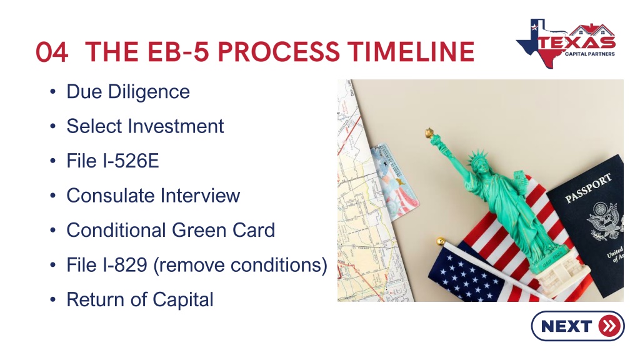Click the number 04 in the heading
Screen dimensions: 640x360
pos(51,52)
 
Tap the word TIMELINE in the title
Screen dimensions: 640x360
pos(411,52)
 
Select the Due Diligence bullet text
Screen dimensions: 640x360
pos(128,91)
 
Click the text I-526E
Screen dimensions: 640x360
pos(131,161)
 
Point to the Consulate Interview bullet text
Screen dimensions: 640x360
pos(154,196)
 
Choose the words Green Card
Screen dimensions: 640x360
pos(223,230)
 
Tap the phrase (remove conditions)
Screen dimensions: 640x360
pos(241,265)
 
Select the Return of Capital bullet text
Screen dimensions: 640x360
pos(140,299)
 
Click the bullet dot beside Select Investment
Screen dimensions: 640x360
pos(52,126)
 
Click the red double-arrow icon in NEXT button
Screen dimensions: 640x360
pos(609,326)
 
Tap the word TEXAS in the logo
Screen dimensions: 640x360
pos(577,42)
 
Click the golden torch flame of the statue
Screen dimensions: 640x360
pos(429,132)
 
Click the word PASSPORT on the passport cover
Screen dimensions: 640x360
pos(588,187)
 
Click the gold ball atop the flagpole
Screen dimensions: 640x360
pos(441,241)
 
